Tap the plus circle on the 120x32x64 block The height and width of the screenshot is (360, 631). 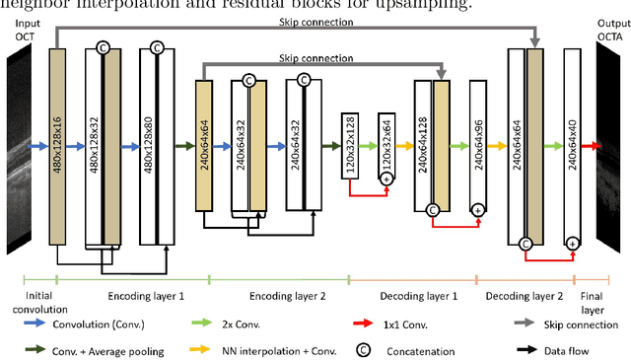(386, 179)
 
